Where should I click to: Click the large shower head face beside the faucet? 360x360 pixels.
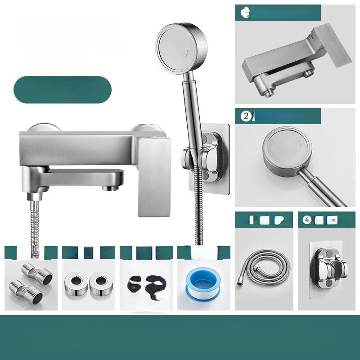tap(177, 47)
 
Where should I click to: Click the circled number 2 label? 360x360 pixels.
tap(246, 117)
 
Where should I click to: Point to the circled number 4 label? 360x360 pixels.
tap(306, 221)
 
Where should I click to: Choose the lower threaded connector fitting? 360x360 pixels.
tap(27, 290)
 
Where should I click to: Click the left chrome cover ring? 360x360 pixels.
tap(74, 283)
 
